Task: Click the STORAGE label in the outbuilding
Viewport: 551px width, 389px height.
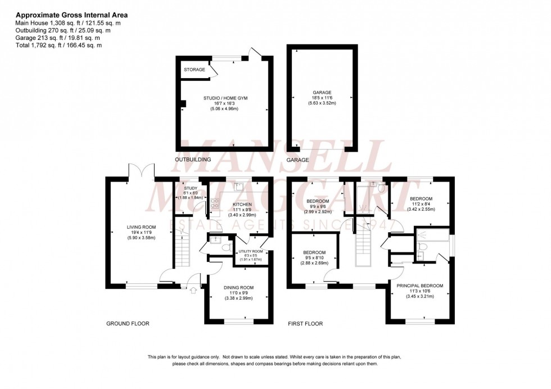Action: (x=195, y=70)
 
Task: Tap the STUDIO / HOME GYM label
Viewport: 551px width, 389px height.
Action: (x=225, y=98)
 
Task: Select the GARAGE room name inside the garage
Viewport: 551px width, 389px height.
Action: (x=322, y=92)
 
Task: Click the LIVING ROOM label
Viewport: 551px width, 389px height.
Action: (x=141, y=227)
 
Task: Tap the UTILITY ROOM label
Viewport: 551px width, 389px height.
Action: (x=250, y=251)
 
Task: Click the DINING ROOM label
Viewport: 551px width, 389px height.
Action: (x=239, y=288)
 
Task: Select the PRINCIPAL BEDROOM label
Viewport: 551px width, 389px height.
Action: (x=420, y=286)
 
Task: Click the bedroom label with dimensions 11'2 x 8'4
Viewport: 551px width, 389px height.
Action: (x=421, y=199)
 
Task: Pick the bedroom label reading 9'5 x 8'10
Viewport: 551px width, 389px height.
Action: (x=314, y=252)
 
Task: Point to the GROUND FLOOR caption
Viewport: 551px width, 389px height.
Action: (x=128, y=324)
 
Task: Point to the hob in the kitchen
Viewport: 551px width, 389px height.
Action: (x=214, y=205)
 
